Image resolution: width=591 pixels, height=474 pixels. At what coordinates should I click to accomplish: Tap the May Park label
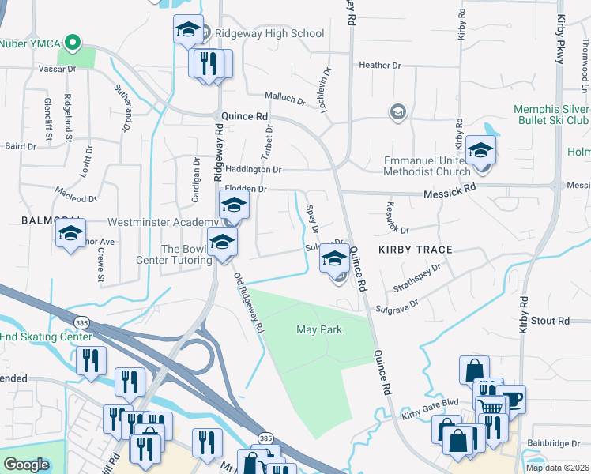(x=319, y=329)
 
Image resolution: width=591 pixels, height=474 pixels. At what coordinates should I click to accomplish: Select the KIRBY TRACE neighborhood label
(x=415, y=250)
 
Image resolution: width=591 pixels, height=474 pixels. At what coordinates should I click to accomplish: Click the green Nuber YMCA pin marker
(x=73, y=42)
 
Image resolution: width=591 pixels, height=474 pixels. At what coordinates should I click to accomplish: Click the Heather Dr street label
(x=381, y=65)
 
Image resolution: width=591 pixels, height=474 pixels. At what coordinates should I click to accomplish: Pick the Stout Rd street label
(x=550, y=321)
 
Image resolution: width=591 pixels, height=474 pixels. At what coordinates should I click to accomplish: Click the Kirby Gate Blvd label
(x=430, y=408)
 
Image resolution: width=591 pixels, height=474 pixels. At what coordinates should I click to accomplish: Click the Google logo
(x=26, y=465)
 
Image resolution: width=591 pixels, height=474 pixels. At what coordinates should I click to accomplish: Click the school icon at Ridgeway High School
(x=188, y=30)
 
